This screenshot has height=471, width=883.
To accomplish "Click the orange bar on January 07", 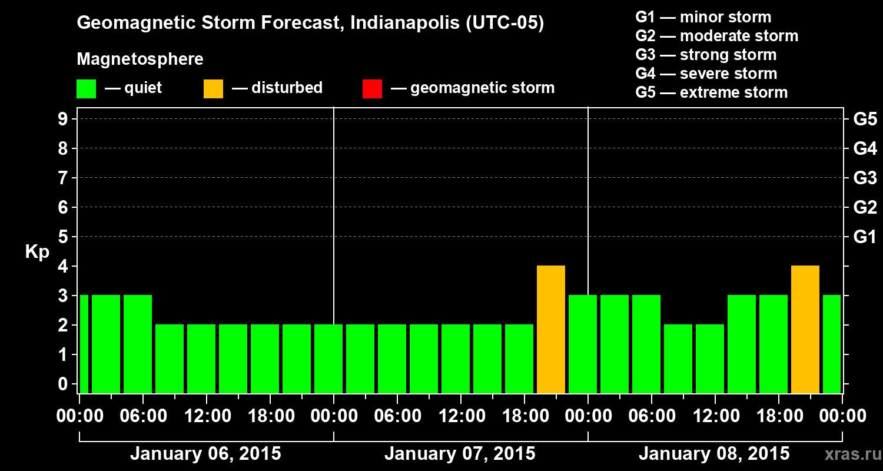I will coord(551,329).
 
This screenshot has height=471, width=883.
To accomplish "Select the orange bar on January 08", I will coord(805,329).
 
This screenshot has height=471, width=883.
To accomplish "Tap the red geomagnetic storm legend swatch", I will coord(373,89).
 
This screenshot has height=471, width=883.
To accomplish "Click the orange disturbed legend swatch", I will coord(213,89).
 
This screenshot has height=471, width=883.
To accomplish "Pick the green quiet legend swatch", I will coord(87,89).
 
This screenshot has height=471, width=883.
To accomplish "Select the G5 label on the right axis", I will coord(865,120).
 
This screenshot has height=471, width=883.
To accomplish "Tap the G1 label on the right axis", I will coord(865,237).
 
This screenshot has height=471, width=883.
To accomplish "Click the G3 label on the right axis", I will coord(865,178).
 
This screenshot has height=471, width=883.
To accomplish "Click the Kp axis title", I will coord(37,252).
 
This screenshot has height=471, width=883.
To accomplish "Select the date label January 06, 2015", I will coord(205,454).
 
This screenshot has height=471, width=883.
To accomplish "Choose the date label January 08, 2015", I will coord(714,454).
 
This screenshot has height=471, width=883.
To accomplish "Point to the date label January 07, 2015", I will coord(460,454).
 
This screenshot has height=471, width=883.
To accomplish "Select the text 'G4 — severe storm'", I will coord(706,74).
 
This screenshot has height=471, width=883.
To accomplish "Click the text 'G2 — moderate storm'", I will coord(716,36).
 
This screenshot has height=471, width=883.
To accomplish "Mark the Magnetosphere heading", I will coord(140,59).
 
